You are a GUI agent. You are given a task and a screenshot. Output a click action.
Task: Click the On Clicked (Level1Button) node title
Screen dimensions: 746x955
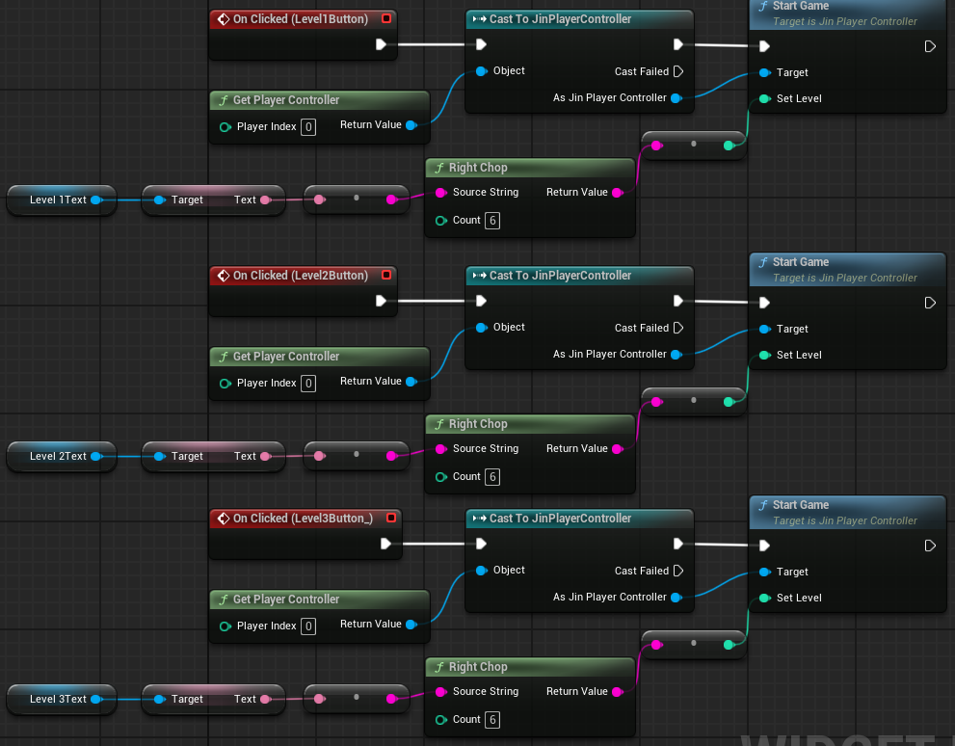(300, 19)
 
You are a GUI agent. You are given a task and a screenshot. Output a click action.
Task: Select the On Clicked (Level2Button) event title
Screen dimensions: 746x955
(300, 276)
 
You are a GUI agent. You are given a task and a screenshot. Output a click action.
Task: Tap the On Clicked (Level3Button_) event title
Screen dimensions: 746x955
(303, 519)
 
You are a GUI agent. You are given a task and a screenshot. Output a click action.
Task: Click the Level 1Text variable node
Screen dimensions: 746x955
(59, 200)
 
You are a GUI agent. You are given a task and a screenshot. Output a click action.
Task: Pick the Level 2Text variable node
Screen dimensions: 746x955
(59, 457)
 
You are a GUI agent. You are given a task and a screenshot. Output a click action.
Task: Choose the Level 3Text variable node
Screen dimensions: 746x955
(59, 700)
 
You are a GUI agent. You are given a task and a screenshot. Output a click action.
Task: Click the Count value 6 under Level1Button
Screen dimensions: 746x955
(492, 221)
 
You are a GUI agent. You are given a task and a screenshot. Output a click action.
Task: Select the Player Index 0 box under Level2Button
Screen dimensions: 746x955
(308, 384)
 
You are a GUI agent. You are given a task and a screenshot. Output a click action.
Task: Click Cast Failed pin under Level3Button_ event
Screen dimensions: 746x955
(677, 571)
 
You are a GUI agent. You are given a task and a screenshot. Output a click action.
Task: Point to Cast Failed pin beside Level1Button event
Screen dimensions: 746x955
(677, 71)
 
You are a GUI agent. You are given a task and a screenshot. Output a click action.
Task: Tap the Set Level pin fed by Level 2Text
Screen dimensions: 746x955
(764, 355)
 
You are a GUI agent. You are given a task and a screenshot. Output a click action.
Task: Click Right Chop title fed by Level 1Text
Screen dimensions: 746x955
(478, 168)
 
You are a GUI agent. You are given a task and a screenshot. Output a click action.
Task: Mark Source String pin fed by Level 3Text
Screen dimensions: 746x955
(440, 692)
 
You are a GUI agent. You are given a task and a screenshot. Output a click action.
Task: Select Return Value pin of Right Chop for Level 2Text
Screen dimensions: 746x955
(618, 449)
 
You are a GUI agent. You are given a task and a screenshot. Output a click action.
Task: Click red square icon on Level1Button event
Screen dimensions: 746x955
(386, 19)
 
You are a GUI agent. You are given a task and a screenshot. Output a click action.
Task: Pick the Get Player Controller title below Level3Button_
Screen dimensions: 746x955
(286, 599)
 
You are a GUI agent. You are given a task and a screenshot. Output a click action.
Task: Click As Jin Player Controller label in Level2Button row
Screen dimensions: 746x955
(609, 355)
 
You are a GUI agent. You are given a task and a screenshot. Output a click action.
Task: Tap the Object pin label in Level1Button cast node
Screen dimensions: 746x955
(509, 71)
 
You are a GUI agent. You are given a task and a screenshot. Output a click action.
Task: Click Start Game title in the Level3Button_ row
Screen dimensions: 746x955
(801, 505)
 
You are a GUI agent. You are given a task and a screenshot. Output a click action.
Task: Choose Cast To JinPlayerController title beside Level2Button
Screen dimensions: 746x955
(560, 276)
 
